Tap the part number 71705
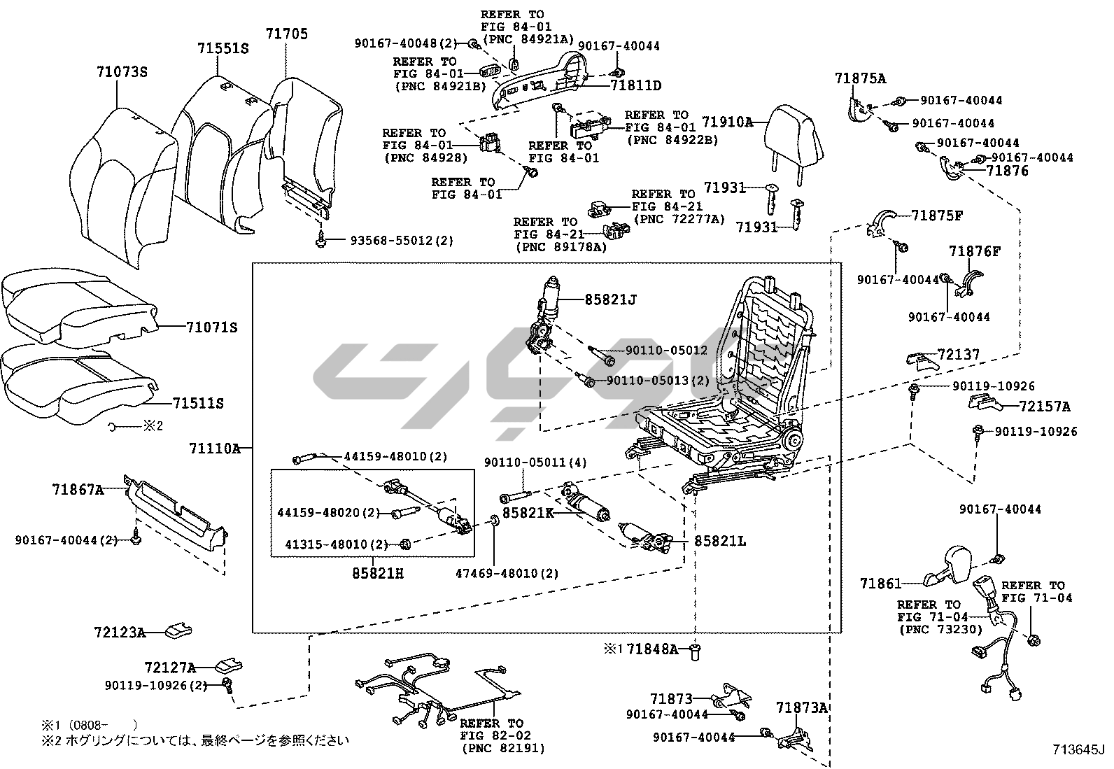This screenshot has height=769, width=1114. tap(286, 34)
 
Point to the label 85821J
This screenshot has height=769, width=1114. tap(611, 300)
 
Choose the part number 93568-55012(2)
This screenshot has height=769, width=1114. tap(402, 241)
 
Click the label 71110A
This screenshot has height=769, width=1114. tap(214, 449)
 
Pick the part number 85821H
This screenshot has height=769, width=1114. tap(378, 574)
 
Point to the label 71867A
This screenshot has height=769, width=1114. tap(77, 489)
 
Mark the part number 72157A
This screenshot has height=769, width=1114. tap(1044, 407)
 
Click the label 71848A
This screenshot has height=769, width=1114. tap(652, 649)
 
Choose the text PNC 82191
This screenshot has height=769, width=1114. tap(503, 749)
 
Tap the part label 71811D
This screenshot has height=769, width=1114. tap(635, 86)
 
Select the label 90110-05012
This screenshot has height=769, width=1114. tap(666, 350)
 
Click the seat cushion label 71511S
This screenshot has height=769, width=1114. tap(198, 403)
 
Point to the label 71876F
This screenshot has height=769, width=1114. tap(975, 251)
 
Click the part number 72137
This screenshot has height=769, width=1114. tap(959, 355)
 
